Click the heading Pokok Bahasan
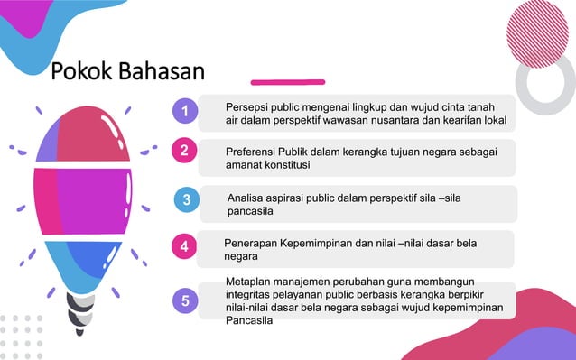(127, 70)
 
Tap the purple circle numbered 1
(185, 111)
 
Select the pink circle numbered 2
(184, 151)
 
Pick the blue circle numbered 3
(186, 200)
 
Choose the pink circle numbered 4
(184, 245)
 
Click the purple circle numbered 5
(185, 301)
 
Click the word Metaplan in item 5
(249, 282)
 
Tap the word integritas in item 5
(249, 295)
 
